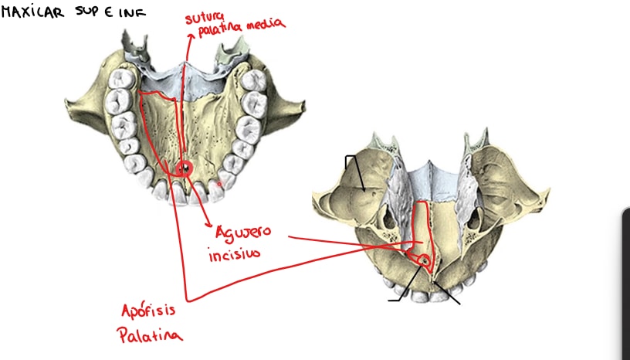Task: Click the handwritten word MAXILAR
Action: tap(32, 12)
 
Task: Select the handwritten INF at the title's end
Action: tap(133, 13)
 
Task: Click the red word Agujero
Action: tap(243, 233)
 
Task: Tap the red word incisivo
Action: tap(234, 254)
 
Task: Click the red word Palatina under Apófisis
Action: tap(150, 335)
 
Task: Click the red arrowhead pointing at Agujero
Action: tap(208, 223)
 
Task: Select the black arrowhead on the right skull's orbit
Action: tap(363, 188)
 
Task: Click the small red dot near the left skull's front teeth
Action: tap(219, 184)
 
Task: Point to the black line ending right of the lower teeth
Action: tap(447, 294)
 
